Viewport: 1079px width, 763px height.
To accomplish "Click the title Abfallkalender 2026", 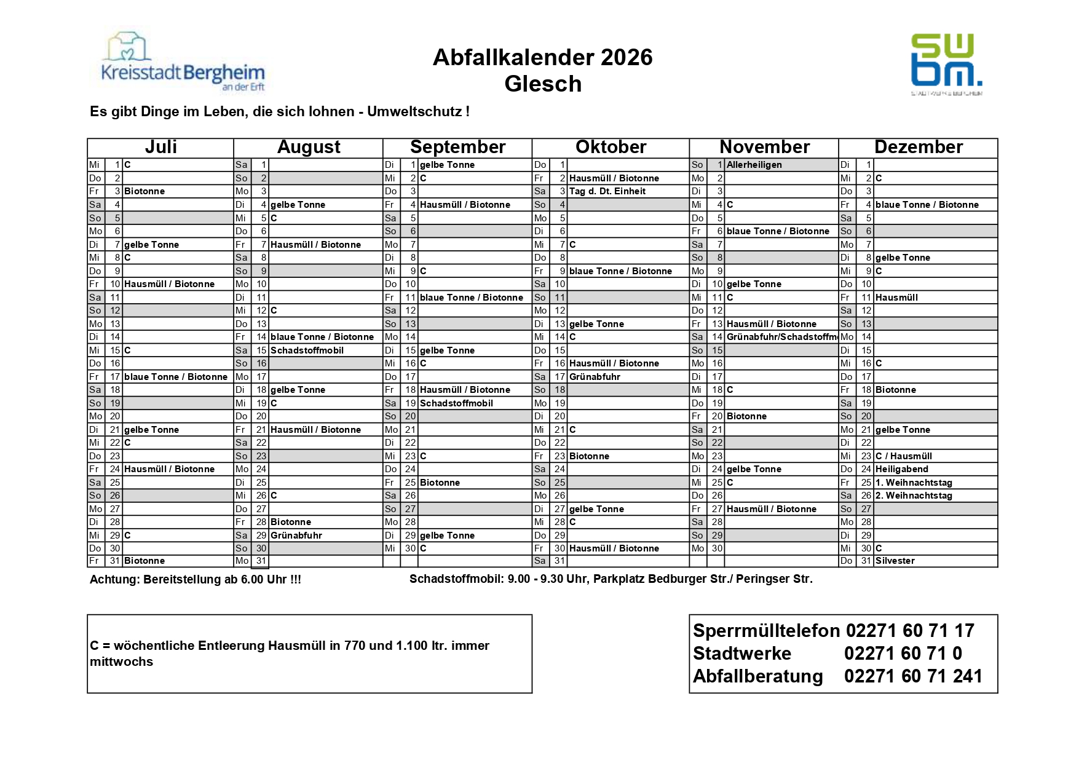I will tap(542, 57).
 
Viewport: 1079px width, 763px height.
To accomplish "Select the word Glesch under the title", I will tap(543, 84).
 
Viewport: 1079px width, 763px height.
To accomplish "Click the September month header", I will tap(457, 148).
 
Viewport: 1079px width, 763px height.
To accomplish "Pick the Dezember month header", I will tap(918, 148).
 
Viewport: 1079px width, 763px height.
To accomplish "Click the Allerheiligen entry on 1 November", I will tap(754, 165).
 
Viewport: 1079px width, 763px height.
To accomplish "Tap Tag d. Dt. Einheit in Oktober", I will tap(607, 191).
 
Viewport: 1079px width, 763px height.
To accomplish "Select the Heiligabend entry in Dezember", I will tap(901, 469).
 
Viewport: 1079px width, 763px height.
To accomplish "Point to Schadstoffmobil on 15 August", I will tap(307, 350).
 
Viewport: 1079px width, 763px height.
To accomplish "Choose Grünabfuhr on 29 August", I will tap(296, 536).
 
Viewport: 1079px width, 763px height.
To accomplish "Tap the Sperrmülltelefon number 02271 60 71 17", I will tap(909, 631).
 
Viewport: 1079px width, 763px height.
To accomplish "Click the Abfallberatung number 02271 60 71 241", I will tap(913, 676).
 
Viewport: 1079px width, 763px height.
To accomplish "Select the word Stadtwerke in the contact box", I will tap(742, 654).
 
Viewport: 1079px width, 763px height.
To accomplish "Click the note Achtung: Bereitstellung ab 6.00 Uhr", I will tap(196, 580).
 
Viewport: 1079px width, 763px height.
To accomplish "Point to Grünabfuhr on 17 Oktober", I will tap(595, 377).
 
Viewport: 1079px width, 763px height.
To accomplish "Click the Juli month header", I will tap(160, 148).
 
